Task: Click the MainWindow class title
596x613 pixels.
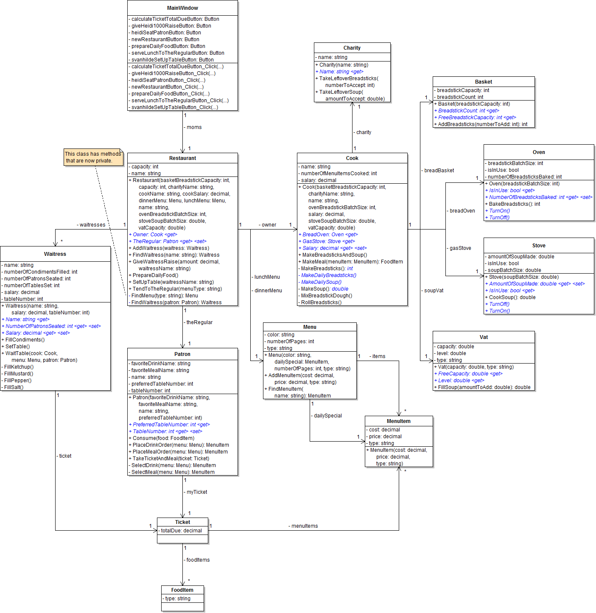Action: point(182,8)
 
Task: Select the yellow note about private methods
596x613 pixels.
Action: point(93,157)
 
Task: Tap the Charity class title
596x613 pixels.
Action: point(352,48)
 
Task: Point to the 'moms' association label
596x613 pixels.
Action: point(194,127)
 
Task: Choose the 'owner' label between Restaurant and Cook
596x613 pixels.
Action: point(269,225)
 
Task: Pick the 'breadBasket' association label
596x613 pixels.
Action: point(439,171)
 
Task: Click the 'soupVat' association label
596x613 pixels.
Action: point(434,291)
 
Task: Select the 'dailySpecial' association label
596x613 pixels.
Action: point(327,416)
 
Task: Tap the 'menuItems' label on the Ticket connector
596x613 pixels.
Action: point(304,526)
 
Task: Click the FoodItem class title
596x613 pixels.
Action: point(182,590)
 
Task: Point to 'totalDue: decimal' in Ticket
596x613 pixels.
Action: point(181,531)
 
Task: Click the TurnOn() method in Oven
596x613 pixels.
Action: point(499,211)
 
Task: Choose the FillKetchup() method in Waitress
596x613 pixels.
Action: point(19,367)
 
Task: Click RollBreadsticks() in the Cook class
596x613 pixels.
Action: point(321,302)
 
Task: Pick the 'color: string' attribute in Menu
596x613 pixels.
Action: point(280,335)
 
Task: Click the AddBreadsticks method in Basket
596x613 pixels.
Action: point(482,124)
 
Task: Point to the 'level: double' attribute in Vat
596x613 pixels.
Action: point(451,353)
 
